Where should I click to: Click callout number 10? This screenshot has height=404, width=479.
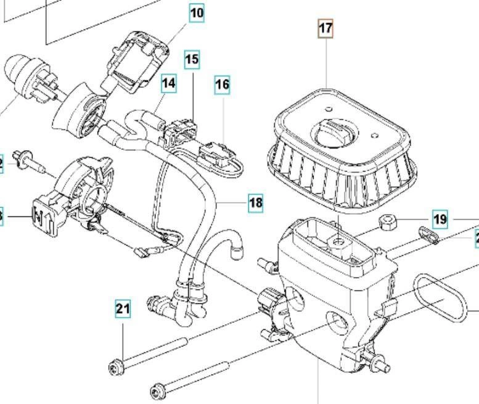coord(197,12)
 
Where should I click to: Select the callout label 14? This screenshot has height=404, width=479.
coord(168,83)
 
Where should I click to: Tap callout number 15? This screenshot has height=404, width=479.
coord(192,60)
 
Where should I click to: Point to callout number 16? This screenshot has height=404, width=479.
coord(222,85)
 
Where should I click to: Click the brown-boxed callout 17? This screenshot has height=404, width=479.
coord(325,28)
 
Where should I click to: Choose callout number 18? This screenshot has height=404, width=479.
coord(256,202)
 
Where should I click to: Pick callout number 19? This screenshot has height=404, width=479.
coord(440,219)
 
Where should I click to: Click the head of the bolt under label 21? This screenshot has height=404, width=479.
coord(115,368)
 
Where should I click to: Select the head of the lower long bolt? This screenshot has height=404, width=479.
coord(157,390)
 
